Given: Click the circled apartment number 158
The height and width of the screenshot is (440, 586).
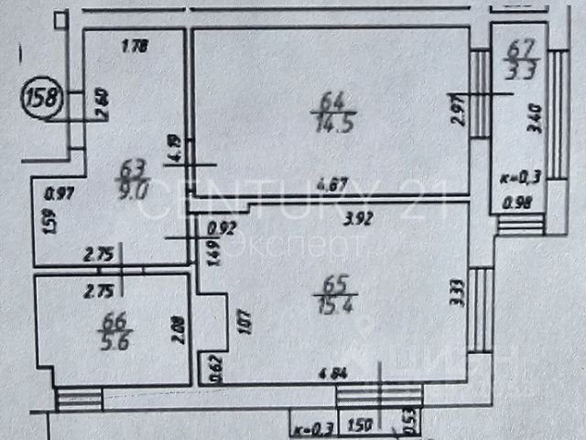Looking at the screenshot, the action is point(41,95).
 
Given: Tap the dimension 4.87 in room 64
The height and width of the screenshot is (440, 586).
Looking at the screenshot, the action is point(340,183).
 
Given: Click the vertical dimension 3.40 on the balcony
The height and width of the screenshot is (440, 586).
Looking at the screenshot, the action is point(535,118).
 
